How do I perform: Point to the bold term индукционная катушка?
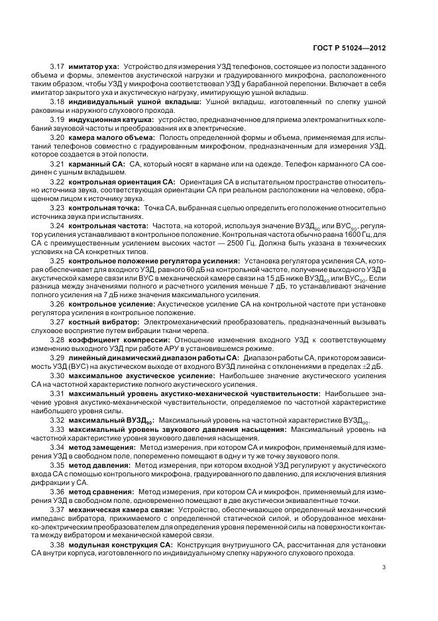pyautogui.click(x=110, y=119)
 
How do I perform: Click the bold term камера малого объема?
pyautogui.click(x=109, y=136)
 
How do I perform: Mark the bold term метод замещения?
pyautogui.click(x=99, y=447)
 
